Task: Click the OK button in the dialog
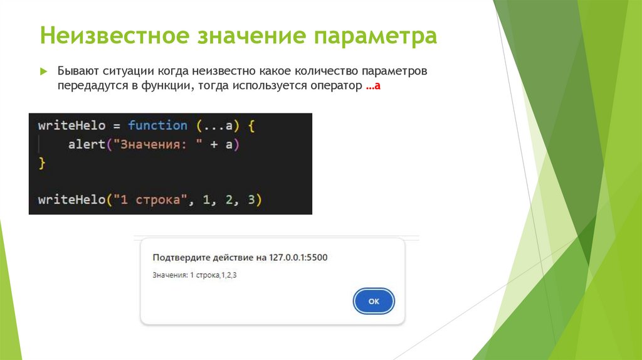[374, 302]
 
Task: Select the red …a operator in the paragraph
[374, 87]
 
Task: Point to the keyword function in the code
[157, 125]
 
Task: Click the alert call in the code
[86, 145]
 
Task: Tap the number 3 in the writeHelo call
[251, 200]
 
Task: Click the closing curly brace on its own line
[42, 163]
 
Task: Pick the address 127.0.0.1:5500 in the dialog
[298, 257]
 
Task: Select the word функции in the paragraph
[164, 87]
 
